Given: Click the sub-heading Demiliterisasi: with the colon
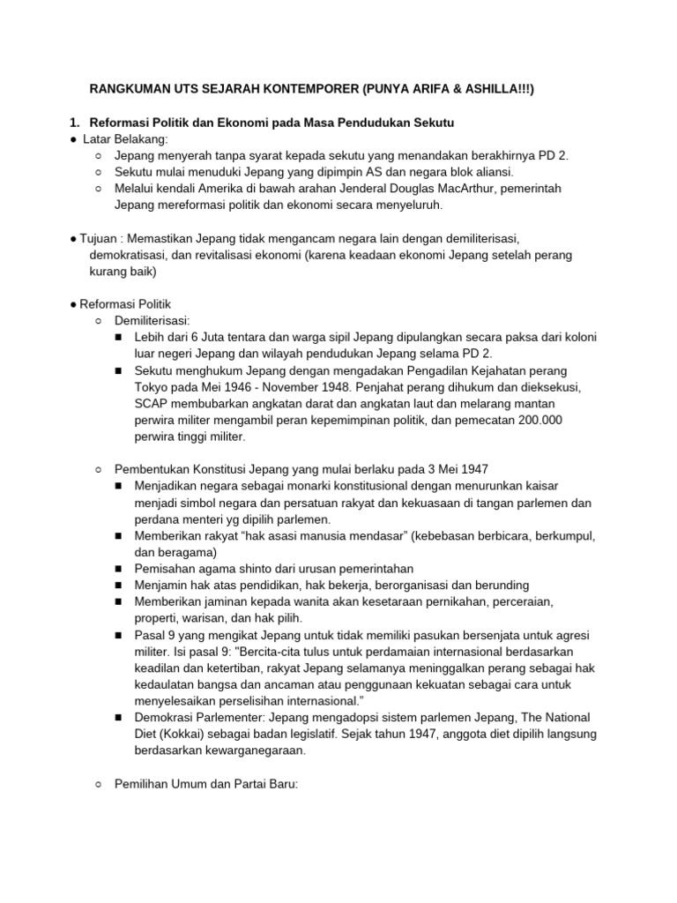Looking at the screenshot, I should click(152, 321).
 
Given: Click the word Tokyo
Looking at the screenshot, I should click(152, 386).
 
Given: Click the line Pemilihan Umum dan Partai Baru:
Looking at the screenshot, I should click(207, 783).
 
